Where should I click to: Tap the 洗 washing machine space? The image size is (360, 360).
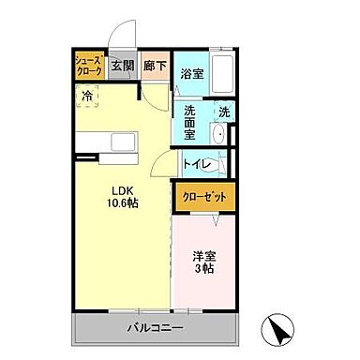pyautogui.click(x=224, y=112)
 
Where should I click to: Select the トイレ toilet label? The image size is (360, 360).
pyautogui.click(x=196, y=164)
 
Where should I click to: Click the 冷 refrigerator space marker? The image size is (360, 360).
pyautogui.click(x=88, y=95)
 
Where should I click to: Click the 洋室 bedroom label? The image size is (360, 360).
pyautogui.click(x=205, y=256)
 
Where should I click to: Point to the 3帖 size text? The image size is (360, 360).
pyautogui.click(x=205, y=270)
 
